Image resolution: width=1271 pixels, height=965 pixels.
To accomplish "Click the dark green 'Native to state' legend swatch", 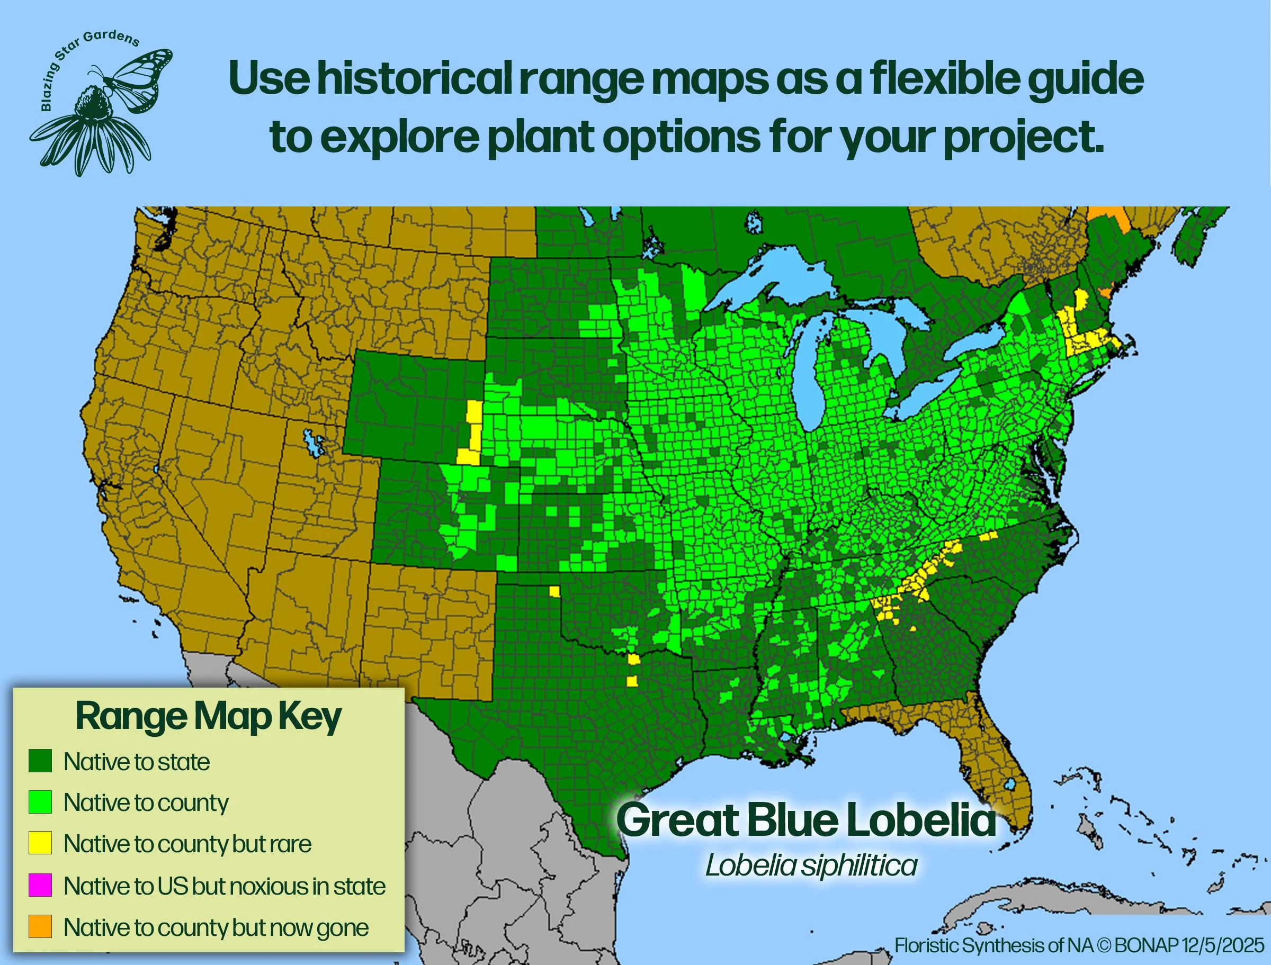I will (x=40, y=761).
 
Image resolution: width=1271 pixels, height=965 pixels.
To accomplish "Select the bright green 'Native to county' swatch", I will (x=40, y=802).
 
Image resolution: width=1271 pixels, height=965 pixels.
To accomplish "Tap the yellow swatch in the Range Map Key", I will (x=40, y=843).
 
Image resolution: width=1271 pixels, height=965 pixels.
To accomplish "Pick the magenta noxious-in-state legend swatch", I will (x=40, y=885).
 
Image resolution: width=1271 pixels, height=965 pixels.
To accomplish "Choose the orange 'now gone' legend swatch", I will (x=40, y=926).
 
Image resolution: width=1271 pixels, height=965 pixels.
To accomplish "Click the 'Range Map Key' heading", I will (x=208, y=716).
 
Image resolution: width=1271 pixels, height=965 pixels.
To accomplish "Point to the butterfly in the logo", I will (x=138, y=77).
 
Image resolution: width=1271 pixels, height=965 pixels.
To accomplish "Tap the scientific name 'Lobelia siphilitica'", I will (x=811, y=865).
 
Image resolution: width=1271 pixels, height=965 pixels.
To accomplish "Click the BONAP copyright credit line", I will (x=1079, y=945).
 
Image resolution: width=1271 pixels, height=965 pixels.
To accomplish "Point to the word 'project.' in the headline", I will (x=1023, y=138).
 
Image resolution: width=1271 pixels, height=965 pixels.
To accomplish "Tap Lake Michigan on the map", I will (x=811, y=379).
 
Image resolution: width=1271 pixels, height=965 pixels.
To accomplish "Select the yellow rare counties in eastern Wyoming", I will (x=473, y=434).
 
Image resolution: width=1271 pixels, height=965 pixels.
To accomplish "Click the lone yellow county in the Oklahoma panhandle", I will (x=554, y=592).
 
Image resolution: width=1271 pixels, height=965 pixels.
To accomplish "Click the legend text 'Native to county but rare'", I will (x=187, y=844).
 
